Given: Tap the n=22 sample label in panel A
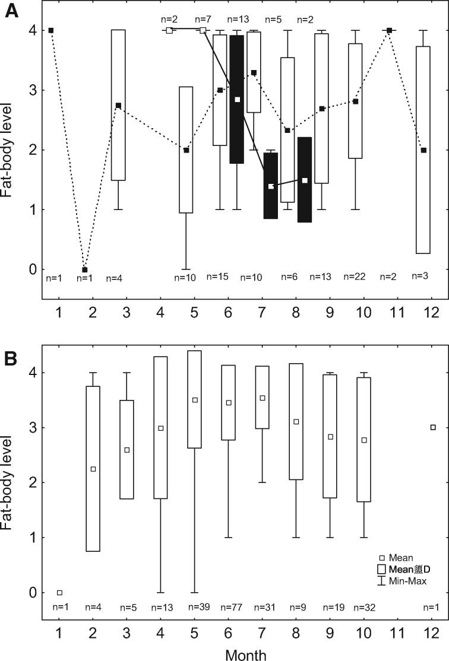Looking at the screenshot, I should pos(356,277).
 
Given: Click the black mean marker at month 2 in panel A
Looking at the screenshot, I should pos(84,269).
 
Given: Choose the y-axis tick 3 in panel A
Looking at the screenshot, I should pos(31,90).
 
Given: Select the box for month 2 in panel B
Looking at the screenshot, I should pos(93,469).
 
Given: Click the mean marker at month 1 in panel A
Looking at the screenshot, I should pos(51,30).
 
